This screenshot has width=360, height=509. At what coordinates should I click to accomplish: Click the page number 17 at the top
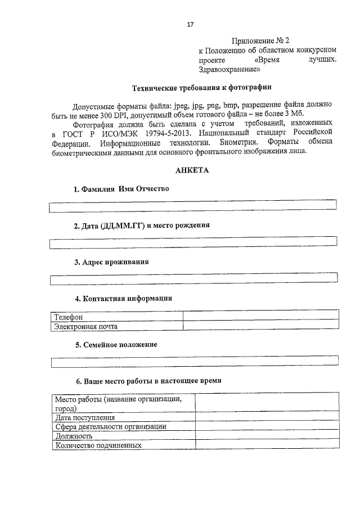190,24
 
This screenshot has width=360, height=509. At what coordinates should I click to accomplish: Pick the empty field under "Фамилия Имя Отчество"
193,206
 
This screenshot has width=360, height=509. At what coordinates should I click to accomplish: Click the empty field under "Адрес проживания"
193,278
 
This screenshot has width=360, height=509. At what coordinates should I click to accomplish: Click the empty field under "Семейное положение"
193,361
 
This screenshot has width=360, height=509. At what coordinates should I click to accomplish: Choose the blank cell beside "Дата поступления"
267,417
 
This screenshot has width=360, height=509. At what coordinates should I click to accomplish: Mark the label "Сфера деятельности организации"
110,426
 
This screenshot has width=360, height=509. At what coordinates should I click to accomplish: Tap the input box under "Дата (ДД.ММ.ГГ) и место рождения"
193,242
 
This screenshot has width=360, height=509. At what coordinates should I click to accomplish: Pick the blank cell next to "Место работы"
267,403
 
